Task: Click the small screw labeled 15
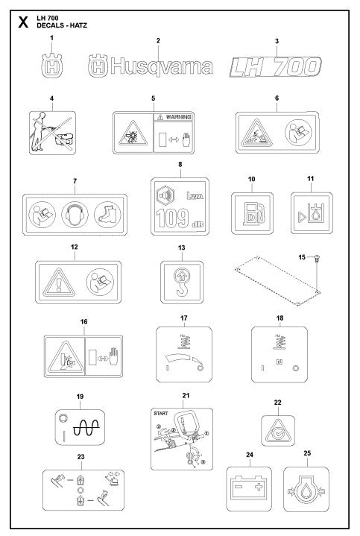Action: point(318,257)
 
